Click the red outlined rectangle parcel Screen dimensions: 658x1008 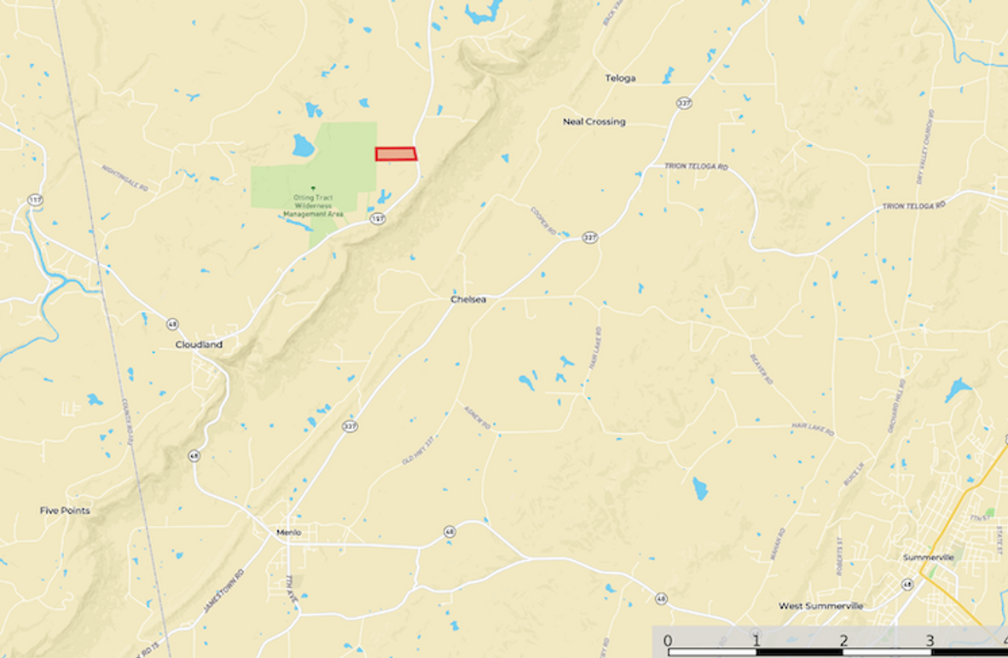[396, 153]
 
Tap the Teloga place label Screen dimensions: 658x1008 [620, 78]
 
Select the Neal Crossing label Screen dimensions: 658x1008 [594, 122]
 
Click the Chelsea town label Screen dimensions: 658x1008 [468, 299]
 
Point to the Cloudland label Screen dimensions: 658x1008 [199, 344]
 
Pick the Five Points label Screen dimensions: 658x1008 [65, 511]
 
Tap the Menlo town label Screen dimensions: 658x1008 [289, 533]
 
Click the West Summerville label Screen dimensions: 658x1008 [820, 606]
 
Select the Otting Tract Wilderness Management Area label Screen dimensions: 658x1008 [313, 205]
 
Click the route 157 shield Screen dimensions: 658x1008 [376, 219]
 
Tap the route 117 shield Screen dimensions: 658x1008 [35, 199]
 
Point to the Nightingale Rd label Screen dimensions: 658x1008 [125, 176]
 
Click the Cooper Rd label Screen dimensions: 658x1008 [543, 221]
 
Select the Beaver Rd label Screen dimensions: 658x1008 [761, 368]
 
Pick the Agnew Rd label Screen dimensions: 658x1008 [476, 415]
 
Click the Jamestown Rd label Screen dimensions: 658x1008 [223, 592]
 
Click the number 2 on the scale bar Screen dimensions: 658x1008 [843, 641]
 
